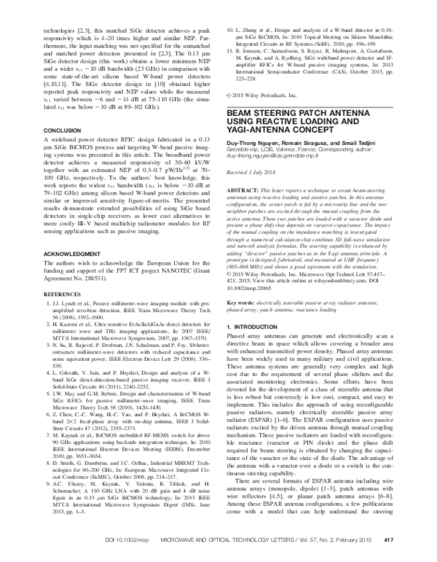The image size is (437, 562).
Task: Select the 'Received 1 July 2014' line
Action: (253, 174)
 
